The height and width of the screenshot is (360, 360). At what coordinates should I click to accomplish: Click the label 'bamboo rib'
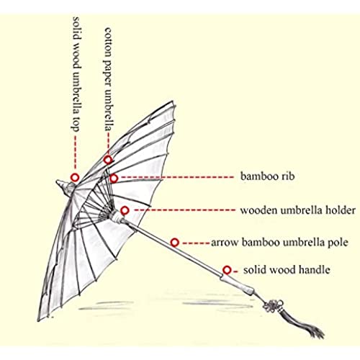click(267, 176)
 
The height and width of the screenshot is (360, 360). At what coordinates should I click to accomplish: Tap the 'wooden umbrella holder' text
click(298, 210)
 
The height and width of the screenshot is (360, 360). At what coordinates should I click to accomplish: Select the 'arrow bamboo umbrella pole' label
click(279, 243)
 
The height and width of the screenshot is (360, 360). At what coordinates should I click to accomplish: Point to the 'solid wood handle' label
click(287, 270)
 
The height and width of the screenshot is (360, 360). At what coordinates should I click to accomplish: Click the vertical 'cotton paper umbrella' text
click(109, 79)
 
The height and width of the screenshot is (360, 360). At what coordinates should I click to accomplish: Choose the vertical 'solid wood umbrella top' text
click(76, 74)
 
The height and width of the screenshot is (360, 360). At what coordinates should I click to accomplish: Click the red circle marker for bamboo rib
click(114, 178)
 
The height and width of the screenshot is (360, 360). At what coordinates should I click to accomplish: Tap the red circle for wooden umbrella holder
click(125, 211)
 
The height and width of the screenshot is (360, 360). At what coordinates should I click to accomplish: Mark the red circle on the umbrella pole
click(175, 243)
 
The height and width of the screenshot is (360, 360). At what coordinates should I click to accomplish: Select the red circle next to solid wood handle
click(227, 270)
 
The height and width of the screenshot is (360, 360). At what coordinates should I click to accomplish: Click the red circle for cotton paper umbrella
click(108, 159)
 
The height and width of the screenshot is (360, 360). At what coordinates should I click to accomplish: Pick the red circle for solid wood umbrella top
click(75, 178)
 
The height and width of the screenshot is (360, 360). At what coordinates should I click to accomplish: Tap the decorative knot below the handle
click(272, 305)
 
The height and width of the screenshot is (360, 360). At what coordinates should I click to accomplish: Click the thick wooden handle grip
click(237, 284)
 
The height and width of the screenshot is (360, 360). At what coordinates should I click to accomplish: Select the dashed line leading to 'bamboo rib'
click(177, 177)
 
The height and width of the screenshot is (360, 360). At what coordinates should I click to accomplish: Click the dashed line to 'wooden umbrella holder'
click(185, 210)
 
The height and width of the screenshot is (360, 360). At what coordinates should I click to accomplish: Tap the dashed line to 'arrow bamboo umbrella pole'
click(196, 243)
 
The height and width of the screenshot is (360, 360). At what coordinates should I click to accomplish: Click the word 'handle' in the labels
click(315, 269)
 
